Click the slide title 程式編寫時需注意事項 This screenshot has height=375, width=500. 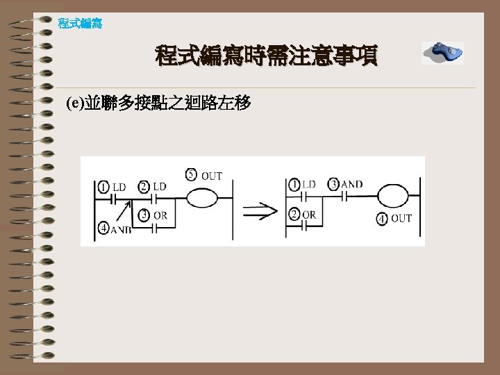[267, 55]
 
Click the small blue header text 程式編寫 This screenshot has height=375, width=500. [81, 24]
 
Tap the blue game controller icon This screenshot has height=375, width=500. [442, 52]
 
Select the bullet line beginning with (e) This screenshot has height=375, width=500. [158, 104]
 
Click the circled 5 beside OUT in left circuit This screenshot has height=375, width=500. [192, 175]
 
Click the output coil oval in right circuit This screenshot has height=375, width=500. [394, 195]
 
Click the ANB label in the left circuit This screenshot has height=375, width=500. [120, 231]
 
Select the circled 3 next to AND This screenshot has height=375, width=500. [333, 184]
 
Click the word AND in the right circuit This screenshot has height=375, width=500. [351, 184]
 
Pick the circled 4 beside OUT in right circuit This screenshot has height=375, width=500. [382, 219]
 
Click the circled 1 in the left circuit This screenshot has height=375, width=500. [103, 187]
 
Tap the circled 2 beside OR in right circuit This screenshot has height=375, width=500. [294, 215]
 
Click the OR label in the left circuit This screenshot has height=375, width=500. [160, 215]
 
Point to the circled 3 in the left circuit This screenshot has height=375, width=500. [144, 215]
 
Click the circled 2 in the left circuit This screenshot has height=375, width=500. [144, 186]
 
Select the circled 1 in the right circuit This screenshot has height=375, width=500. [294, 185]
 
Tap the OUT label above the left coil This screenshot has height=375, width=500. [212, 176]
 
